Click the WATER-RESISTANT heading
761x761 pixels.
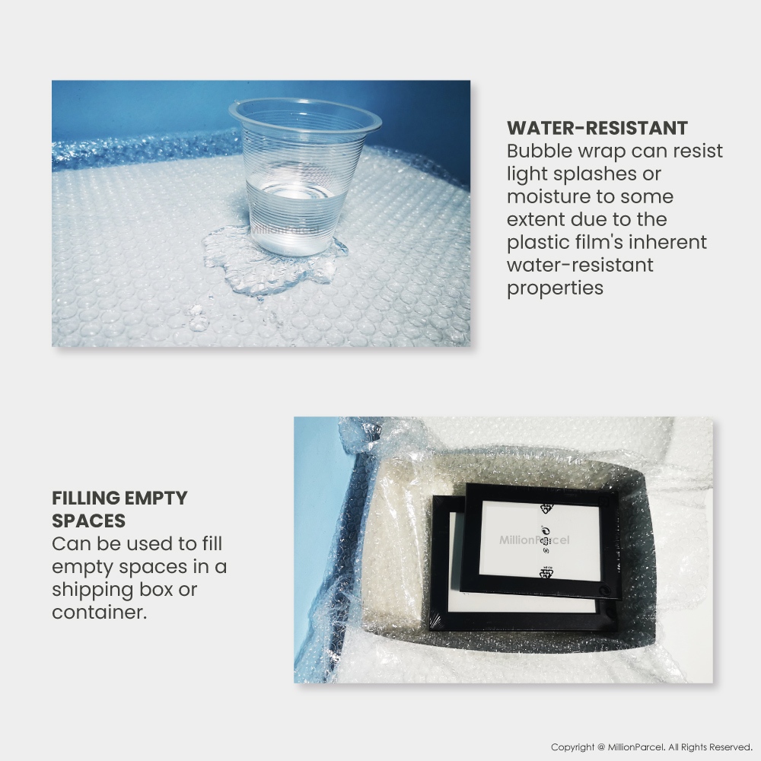click(597, 128)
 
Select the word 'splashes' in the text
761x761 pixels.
click(588, 174)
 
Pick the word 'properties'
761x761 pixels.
click(556, 288)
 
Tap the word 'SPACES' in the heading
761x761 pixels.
click(89, 521)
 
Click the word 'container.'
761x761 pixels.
click(100, 612)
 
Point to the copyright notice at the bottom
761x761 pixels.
click(651, 747)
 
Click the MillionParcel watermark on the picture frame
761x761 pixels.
click(534, 540)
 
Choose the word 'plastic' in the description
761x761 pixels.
click(540, 242)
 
